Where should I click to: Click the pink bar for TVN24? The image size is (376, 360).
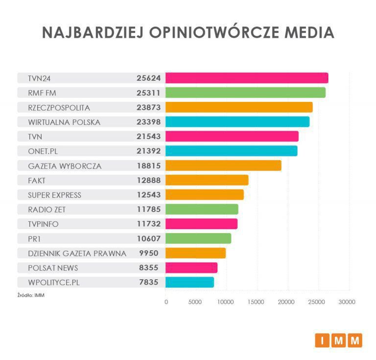pyautogui.click(x=247, y=78)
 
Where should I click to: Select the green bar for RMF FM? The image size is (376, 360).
pyautogui.click(x=245, y=93)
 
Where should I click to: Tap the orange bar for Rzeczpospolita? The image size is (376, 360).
pyautogui.click(x=239, y=107)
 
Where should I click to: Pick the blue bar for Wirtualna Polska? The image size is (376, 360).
pyautogui.click(x=237, y=121)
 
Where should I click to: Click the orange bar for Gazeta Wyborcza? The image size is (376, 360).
pyautogui.click(x=223, y=166)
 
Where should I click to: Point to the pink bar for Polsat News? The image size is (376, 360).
pyautogui.click(x=191, y=267)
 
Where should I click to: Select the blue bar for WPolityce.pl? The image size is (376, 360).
pyautogui.click(x=190, y=282)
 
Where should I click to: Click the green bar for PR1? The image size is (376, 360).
pyautogui.click(x=198, y=239)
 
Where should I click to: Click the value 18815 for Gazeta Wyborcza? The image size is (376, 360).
pyautogui.click(x=149, y=166)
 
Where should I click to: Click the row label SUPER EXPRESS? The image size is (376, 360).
pyautogui.click(x=55, y=195)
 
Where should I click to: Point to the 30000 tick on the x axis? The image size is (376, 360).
pyautogui.click(x=347, y=302)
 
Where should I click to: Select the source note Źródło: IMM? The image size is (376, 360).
pyautogui.click(x=31, y=295)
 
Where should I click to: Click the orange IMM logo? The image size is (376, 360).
pyautogui.click(x=338, y=339)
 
